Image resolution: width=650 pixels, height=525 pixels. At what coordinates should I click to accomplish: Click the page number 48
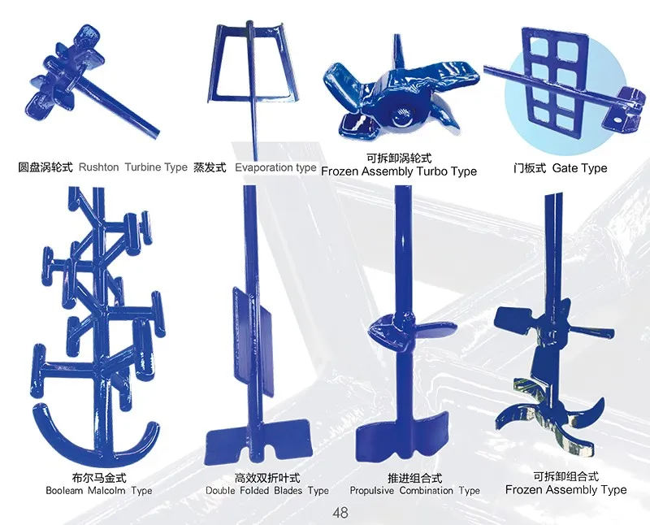[x=340, y=513]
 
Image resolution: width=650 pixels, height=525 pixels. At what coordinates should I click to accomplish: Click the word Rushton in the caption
[x=98, y=167]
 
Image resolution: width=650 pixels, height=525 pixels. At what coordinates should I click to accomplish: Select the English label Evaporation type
[x=275, y=167]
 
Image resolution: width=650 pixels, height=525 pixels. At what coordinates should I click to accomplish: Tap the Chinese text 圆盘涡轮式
[x=45, y=167]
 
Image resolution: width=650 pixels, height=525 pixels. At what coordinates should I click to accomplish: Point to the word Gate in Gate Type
[x=564, y=168]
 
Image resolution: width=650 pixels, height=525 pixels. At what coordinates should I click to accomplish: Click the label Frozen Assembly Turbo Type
[x=399, y=171]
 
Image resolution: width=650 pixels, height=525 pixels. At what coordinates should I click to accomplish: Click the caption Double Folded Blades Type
[x=267, y=491]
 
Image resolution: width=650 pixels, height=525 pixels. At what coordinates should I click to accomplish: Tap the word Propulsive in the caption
[x=372, y=491]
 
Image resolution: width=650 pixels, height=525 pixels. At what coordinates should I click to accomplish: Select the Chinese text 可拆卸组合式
[x=566, y=476]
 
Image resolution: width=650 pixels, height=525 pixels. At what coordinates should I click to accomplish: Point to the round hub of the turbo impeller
[x=400, y=115]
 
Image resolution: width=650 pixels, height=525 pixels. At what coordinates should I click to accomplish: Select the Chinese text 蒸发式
[x=210, y=167]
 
